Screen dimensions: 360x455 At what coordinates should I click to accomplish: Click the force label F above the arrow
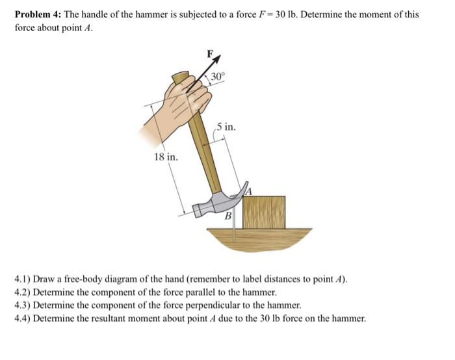pos(209,53)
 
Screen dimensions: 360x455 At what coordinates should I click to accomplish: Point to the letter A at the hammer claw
pos(248,189)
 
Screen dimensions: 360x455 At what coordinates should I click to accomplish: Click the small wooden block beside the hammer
pos(264,211)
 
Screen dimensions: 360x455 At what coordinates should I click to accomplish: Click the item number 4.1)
pos(24,281)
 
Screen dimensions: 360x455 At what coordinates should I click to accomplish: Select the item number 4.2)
pos(24,293)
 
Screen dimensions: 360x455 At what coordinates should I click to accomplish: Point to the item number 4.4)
pos(24,318)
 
